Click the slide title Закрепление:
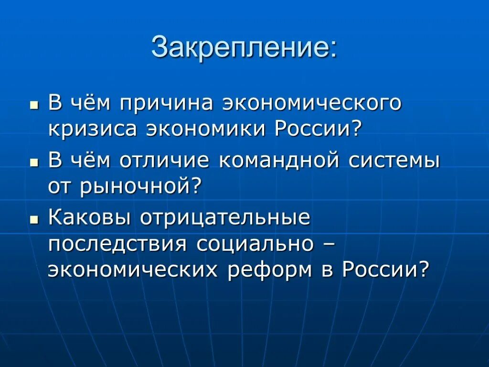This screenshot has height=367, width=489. pyautogui.click(x=244, y=48)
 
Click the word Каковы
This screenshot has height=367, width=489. pyautogui.click(x=89, y=218)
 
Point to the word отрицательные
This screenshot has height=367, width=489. pyautogui.click(x=224, y=218)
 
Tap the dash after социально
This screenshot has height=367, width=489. pyautogui.click(x=328, y=244)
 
